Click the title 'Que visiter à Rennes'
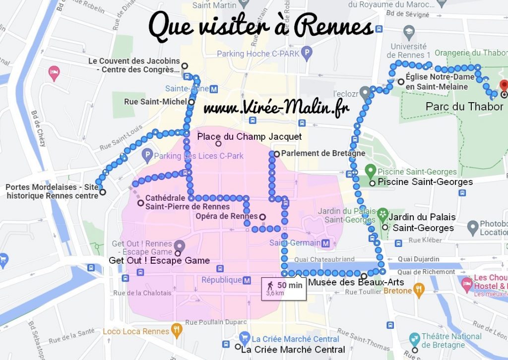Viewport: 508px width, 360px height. pyautogui.click(x=260, y=27)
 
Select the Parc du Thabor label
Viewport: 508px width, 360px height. pyautogui.click(x=464, y=107)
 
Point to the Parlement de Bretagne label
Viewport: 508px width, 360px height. pyautogui.click(x=323, y=153)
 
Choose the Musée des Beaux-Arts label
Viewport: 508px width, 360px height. pyautogui.click(x=356, y=282)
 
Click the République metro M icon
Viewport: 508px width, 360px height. pyautogui.click(x=247, y=280)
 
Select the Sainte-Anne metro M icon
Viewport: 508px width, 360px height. pyautogui.click(x=213, y=89)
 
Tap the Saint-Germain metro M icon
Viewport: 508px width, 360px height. pyautogui.click(x=326, y=243)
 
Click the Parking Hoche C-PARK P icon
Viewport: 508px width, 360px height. pyautogui.click(x=308, y=52)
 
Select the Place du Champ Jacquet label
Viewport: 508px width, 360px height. pyautogui.click(x=250, y=136)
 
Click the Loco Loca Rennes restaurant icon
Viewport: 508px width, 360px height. pyautogui.click(x=176, y=330)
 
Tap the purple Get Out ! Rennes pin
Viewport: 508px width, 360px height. pyautogui.click(x=179, y=245)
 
